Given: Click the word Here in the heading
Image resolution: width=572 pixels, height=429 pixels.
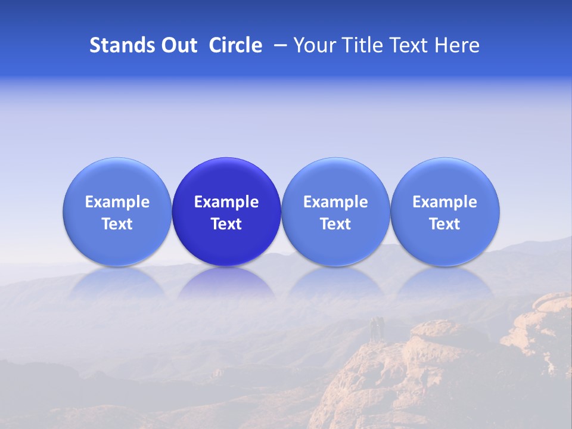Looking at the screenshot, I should point(457,45).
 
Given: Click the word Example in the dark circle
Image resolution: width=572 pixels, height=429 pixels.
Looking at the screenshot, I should point(226,202).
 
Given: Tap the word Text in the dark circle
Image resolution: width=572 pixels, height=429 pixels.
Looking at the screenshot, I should point(226,224).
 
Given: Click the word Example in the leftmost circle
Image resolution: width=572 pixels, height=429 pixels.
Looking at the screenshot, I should point(117,202).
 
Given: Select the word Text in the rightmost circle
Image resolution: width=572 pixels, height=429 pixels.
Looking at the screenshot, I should point(445,224).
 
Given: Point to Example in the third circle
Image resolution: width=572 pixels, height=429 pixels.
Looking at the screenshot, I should point(335,202).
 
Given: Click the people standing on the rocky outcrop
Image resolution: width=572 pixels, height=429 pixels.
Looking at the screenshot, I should point(376,328).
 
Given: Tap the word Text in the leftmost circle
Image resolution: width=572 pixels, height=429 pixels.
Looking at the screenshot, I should point(117,224).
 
